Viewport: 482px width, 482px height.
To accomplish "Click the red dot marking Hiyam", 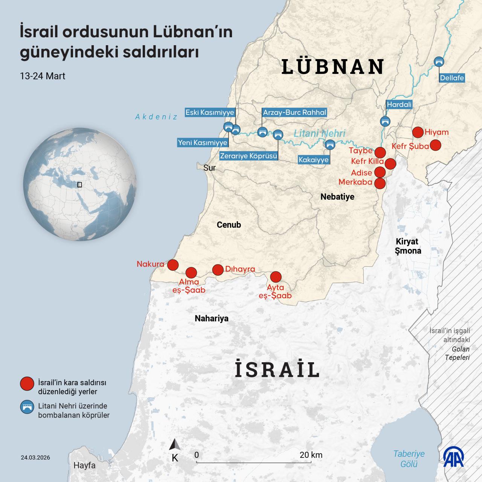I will click(417, 132).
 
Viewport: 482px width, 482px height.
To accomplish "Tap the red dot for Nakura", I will click(172, 265).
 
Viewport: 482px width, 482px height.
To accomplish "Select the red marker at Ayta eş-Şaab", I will click(276, 277).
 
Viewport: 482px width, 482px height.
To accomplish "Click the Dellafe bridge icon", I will click(439, 62).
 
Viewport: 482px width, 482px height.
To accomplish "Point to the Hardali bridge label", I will click(399, 105).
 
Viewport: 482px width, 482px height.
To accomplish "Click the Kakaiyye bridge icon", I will click(330, 144).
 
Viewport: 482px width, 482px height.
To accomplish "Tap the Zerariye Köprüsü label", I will click(249, 156).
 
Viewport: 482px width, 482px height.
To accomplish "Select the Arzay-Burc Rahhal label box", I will click(294, 112).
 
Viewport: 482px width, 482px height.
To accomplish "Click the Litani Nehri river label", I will click(319, 133).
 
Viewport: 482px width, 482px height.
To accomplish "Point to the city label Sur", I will click(209, 168).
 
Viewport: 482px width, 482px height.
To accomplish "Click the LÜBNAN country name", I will click(333, 67).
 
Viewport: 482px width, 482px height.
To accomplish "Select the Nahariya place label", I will click(212, 319).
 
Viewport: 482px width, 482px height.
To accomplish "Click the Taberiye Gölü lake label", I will click(409, 459).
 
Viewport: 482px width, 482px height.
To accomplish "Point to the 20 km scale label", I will click(311, 455).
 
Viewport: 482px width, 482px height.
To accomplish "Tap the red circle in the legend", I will click(27, 384).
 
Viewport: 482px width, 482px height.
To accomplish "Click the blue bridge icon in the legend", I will click(27, 407).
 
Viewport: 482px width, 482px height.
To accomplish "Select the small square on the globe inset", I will click(79, 185).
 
